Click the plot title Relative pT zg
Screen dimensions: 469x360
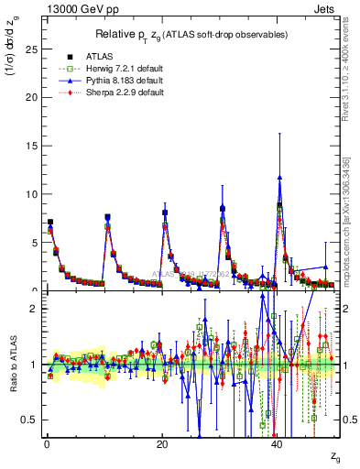192,35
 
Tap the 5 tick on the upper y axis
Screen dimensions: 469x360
34,243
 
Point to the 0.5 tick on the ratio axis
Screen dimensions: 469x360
30,420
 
